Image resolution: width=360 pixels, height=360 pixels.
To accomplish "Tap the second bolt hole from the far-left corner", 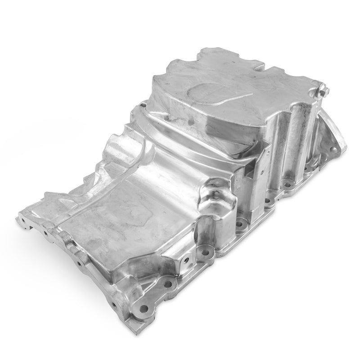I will click(45, 234).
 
